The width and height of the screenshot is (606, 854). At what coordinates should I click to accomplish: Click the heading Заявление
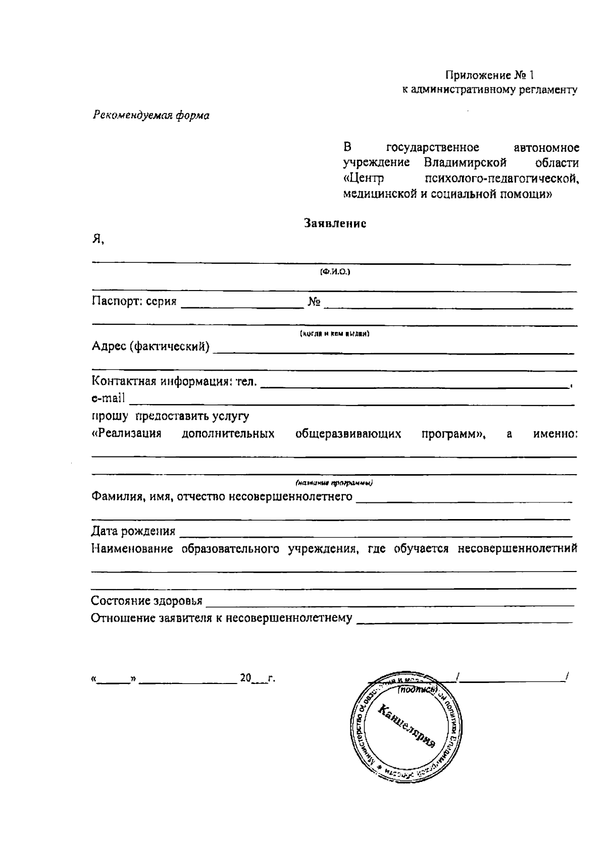(335, 223)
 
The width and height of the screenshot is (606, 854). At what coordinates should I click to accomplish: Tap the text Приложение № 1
(489, 76)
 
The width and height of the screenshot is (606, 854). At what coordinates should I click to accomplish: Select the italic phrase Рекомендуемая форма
(151, 116)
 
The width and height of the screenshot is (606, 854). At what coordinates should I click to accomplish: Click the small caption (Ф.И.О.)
(335, 272)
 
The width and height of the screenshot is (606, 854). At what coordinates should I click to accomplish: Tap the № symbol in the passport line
(314, 302)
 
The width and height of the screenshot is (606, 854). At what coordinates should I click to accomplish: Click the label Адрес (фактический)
(150, 347)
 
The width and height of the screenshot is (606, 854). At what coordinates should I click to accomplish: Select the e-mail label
(108, 398)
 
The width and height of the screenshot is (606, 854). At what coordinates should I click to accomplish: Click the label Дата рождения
(133, 531)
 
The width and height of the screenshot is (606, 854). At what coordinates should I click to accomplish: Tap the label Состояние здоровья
(146, 601)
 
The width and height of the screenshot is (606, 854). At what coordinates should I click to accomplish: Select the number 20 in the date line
(245, 678)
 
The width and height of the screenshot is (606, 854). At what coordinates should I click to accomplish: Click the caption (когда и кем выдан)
(335, 334)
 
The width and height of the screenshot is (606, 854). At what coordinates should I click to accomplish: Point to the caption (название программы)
(334, 483)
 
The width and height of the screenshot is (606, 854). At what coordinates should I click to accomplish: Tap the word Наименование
(132, 549)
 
